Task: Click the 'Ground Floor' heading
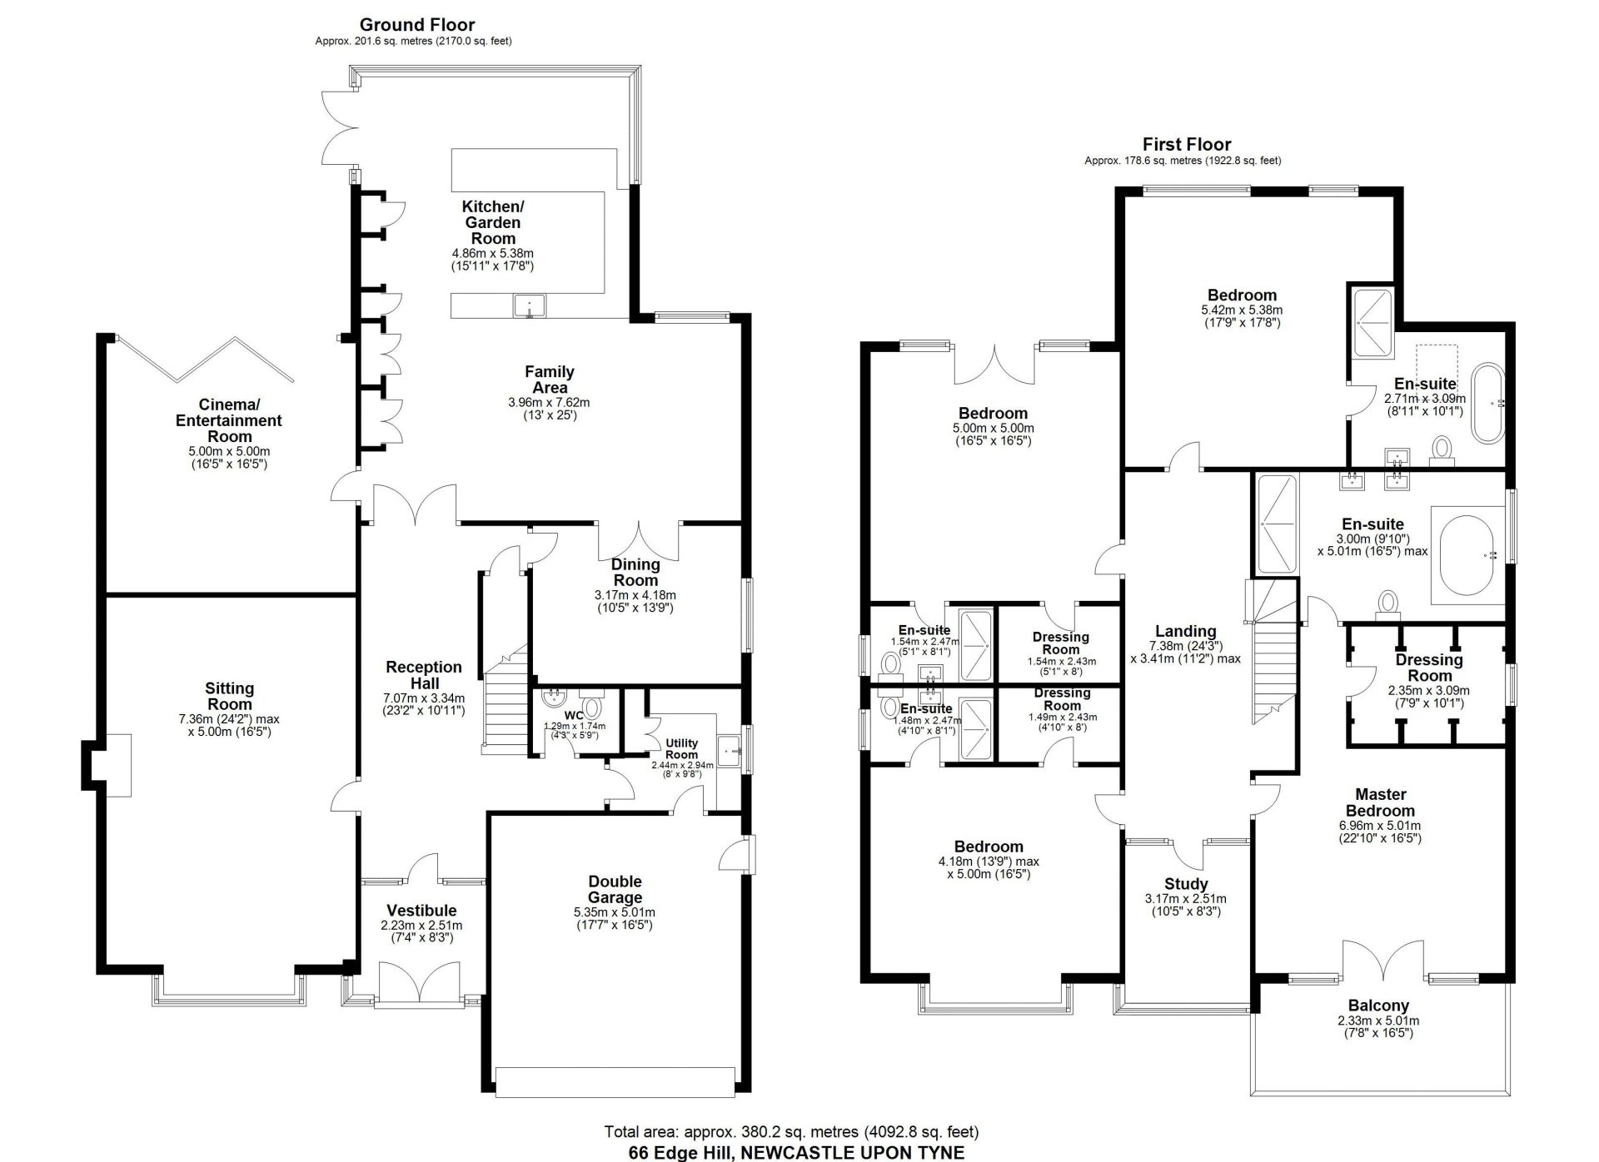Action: [x=417, y=24]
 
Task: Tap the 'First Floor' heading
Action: [x=1186, y=144]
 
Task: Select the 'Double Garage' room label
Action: [x=615, y=889]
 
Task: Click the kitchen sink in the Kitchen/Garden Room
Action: [x=529, y=306]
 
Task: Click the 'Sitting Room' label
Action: [x=229, y=696]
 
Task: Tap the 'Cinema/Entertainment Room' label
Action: [x=229, y=420]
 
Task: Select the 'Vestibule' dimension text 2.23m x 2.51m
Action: [x=421, y=926]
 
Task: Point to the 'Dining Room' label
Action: [x=635, y=573]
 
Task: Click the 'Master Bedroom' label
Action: [x=1380, y=802]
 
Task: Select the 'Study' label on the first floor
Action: [x=1186, y=884]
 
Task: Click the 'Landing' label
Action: [x=1185, y=631]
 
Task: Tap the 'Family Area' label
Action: [x=549, y=380]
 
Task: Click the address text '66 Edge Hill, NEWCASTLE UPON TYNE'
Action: [x=796, y=1153]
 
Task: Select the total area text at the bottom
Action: [x=791, y=1132]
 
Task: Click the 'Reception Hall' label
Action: [x=424, y=675]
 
